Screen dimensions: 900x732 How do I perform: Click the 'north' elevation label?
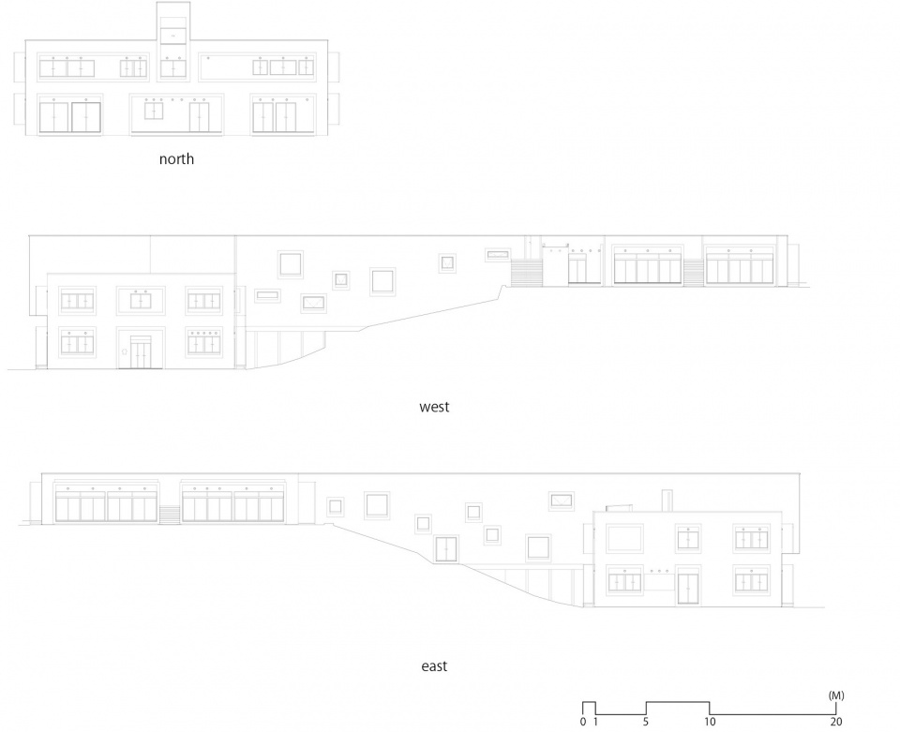pos(176,159)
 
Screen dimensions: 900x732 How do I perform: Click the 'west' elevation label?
pos(434,407)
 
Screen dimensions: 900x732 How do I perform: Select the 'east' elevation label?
pos(434,666)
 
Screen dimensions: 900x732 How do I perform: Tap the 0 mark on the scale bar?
pos(583,722)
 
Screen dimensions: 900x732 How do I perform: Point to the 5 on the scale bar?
pos(646,722)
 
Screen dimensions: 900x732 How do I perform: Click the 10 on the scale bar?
pos(710,722)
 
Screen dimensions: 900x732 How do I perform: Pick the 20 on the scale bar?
pos(835,722)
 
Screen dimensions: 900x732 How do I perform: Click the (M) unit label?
pos(836,695)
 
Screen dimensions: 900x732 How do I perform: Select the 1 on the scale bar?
pos(596,722)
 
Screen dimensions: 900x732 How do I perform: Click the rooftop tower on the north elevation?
pos(172,22)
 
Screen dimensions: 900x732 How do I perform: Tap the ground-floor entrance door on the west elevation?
pos(141,352)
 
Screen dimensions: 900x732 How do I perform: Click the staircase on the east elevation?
pos(170,514)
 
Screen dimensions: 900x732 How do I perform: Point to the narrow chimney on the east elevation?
pos(667,500)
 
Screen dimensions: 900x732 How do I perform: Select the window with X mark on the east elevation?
pos(562,500)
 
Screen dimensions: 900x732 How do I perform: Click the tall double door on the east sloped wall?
pos(446,549)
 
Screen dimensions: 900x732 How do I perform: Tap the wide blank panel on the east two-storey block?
pos(624,539)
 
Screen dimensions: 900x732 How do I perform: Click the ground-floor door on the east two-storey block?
pos(687,587)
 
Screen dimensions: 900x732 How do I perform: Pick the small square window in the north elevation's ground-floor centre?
pos(153,111)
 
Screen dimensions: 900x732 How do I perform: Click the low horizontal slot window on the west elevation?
pos(267,296)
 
